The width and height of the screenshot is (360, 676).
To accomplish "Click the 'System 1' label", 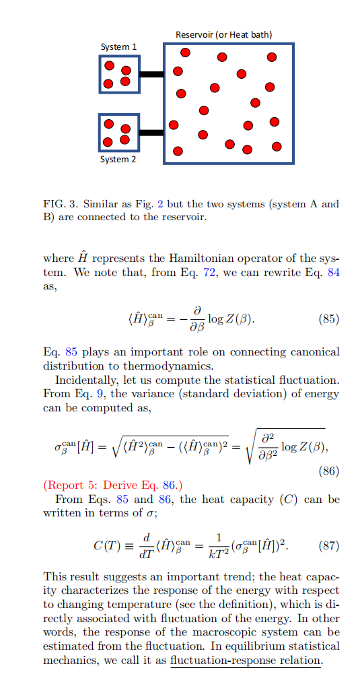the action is [118, 47].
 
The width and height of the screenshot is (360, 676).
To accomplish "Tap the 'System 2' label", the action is [118, 160].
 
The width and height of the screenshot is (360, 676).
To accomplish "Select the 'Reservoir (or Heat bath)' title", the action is [223, 34].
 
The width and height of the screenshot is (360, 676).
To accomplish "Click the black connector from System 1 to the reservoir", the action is [151, 74].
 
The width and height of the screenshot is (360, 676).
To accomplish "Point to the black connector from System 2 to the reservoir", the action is [151, 133].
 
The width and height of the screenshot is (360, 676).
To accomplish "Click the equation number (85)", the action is [328, 319].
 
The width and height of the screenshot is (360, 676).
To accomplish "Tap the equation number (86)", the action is [328, 471].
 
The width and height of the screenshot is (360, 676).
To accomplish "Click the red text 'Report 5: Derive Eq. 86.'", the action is [112, 485].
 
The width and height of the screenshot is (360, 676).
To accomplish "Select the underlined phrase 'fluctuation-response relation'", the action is [246, 661].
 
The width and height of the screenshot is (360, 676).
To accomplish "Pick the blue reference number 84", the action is [333, 273].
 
